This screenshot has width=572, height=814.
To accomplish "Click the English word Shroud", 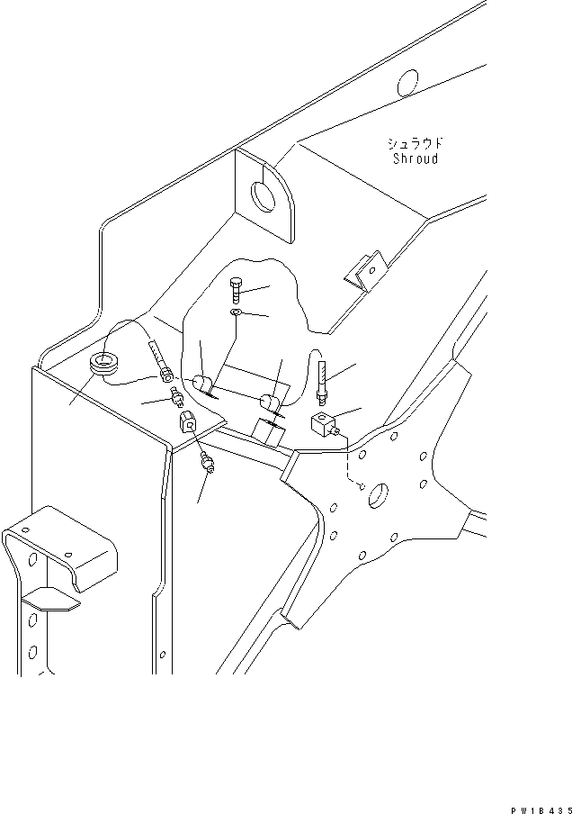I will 416,159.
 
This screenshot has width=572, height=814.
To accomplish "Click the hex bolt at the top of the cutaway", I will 237,289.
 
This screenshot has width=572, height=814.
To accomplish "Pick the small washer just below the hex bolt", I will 235,312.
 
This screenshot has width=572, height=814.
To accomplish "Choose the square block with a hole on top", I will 324,422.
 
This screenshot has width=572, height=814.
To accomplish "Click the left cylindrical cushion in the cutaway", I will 203,383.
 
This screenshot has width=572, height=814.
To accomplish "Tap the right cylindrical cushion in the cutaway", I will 271,402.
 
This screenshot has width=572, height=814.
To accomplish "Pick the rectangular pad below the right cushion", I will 267,433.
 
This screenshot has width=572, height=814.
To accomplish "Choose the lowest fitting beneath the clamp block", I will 209,464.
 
